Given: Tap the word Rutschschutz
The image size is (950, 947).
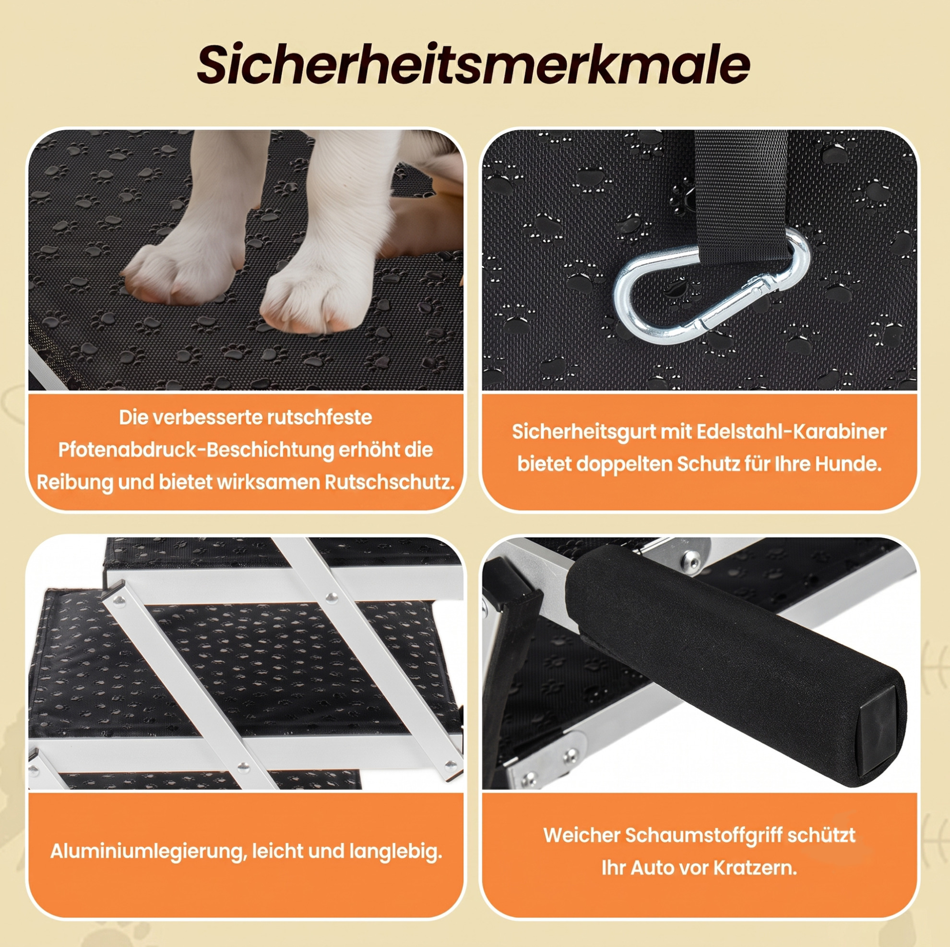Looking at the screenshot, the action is pos(389,482).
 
